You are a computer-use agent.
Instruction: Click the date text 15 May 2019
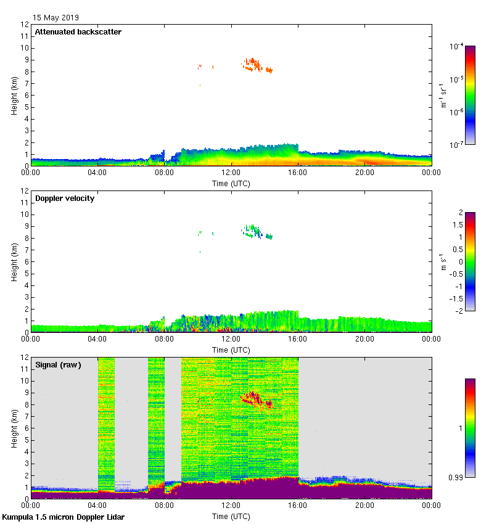(55, 18)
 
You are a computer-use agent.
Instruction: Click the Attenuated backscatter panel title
(78, 32)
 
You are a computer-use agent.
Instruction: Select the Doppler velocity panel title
(65, 199)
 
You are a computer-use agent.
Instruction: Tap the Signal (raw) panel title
(59, 365)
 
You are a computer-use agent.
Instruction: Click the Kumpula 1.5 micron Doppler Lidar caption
(63, 517)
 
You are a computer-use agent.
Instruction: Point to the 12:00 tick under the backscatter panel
(231, 173)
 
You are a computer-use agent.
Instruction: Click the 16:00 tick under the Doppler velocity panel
(298, 339)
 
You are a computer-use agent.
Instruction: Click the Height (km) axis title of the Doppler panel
(14, 262)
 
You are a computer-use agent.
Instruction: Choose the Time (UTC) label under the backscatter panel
(231, 183)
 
